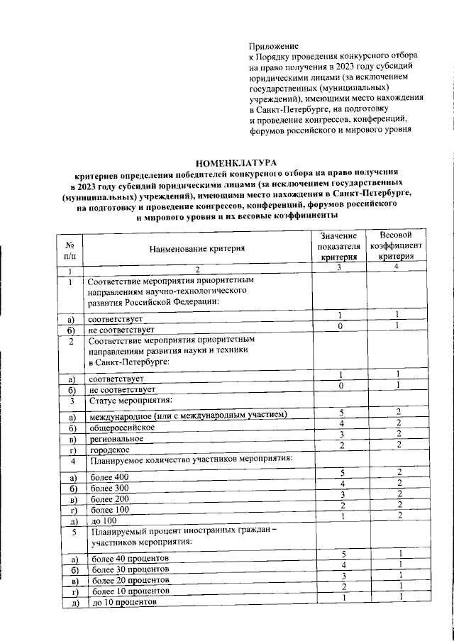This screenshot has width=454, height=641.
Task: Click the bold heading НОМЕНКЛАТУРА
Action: click(x=227, y=164)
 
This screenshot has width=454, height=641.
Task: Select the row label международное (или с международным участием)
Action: click(x=187, y=413)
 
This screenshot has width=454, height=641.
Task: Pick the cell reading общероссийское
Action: click(x=121, y=427)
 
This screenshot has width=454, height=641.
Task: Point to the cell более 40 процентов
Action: click(x=131, y=558)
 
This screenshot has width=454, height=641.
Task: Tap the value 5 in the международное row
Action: click(x=341, y=412)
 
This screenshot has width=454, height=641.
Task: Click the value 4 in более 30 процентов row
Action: click(x=341, y=564)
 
